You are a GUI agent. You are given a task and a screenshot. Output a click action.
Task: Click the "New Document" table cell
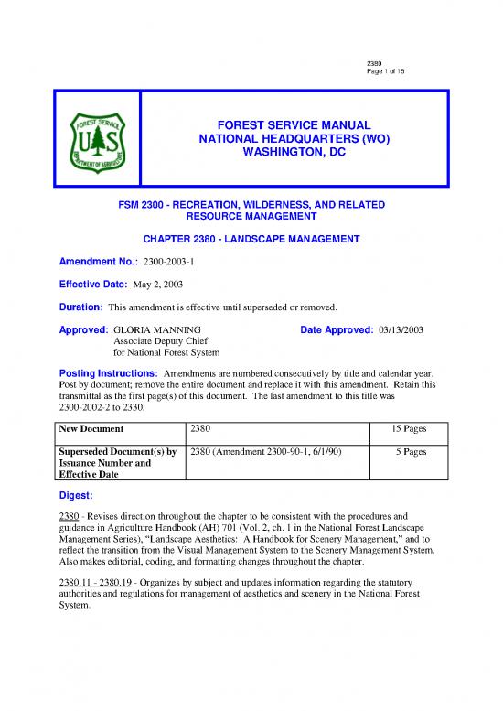[92, 428]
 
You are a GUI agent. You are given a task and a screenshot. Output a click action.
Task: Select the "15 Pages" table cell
[403, 428]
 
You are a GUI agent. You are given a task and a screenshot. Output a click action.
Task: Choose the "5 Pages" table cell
[406, 451]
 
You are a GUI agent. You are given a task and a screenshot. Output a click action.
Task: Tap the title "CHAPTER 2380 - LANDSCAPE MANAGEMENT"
[251, 239]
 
